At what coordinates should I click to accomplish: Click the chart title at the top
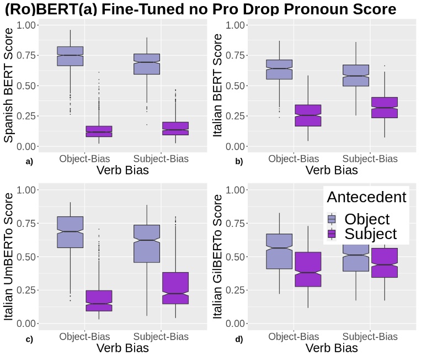coord(200,9)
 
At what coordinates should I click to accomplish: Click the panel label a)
coord(29,162)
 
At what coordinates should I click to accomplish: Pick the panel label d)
coord(239,339)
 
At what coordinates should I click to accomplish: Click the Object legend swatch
coord(332,219)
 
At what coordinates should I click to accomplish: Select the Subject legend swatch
coord(332,234)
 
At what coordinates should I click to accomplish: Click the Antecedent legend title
coord(366,197)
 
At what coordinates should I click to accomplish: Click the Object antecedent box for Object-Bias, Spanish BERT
coord(70,56)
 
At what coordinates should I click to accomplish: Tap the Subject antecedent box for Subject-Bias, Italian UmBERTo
coord(175,288)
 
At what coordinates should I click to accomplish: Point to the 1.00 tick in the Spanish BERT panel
coord(27,25)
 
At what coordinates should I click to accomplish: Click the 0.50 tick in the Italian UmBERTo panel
coord(27,257)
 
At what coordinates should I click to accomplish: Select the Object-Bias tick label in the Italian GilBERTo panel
coord(294,336)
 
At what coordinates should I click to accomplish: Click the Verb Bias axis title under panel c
coord(122,348)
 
